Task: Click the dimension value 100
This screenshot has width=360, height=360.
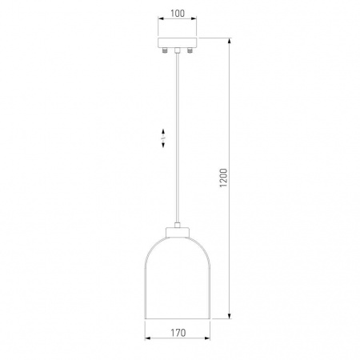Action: [x=178, y=14]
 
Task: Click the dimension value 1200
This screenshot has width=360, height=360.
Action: [x=223, y=178]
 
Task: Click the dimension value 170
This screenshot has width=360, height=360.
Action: [x=178, y=333]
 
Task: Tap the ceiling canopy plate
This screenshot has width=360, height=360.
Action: [x=178, y=42]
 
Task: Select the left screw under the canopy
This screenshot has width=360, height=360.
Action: [x=165, y=50]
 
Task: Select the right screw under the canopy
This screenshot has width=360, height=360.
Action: [x=190, y=50]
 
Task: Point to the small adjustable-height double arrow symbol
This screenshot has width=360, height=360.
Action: [x=163, y=138]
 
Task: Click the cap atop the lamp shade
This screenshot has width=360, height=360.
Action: [x=178, y=232]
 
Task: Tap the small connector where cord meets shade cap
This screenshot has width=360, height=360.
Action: [x=178, y=225]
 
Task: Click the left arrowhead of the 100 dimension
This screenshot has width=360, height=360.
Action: [x=161, y=18]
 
